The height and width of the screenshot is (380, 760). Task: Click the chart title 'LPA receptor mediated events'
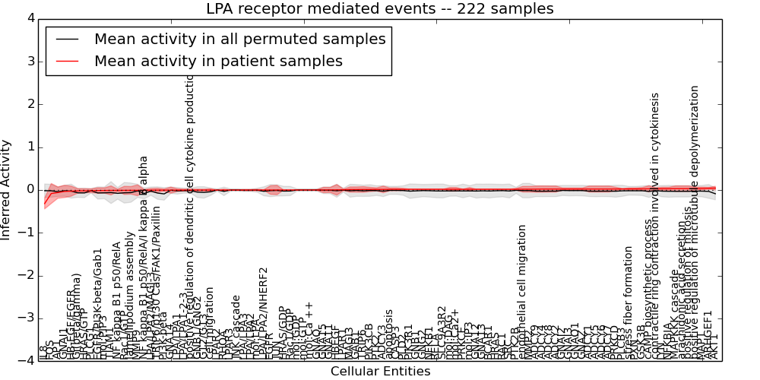tap(380, 9)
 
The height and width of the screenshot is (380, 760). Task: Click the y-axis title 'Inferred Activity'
tap(7, 189)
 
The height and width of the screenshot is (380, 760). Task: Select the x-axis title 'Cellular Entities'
tap(380, 372)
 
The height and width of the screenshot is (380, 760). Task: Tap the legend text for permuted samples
tap(239, 39)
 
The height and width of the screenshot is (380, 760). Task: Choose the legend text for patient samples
tap(218, 61)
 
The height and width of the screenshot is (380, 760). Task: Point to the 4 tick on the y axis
tap(31, 18)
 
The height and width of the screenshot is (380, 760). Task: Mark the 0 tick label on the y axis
tap(31, 189)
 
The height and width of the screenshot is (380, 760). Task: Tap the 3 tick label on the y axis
tap(31, 61)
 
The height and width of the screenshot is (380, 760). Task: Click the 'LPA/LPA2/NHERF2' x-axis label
tap(264, 312)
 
